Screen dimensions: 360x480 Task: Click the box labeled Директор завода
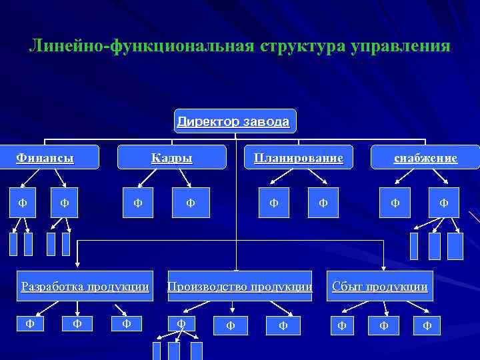(x=233, y=122)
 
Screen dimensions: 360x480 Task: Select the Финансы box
(x=45, y=158)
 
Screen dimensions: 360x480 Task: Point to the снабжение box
(x=425, y=158)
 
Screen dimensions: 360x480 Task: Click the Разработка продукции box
(x=85, y=287)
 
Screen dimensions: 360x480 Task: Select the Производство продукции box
(x=239, y=287)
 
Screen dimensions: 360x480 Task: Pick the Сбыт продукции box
(x=379, y=287)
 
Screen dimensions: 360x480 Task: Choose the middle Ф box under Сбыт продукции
(x=383, y=325)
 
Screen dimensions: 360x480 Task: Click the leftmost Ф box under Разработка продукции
(x=30, y=324)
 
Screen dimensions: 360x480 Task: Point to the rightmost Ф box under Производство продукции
(x=283, y=325)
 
